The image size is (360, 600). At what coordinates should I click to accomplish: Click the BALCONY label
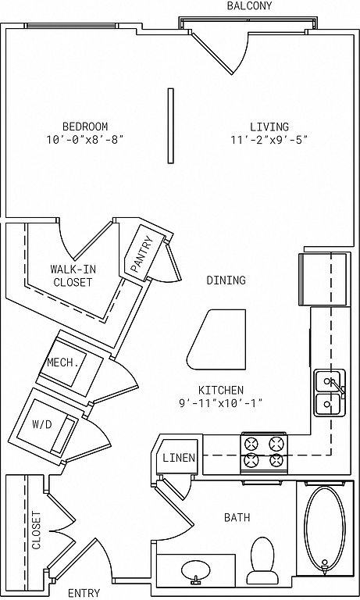tap(249, 5)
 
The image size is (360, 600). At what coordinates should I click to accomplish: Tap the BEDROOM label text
tap(85, 127)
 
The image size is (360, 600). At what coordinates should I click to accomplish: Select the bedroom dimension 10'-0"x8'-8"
tap(85, 140)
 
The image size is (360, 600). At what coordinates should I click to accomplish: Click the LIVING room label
tap(269, 127)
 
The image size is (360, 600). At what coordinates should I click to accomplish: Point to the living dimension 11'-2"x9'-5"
tap(269, 140)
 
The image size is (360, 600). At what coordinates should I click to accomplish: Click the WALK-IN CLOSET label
tap(73, 276)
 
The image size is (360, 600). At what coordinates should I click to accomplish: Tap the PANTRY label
tap(142, 254)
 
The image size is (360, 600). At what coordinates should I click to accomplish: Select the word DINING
tap(226, 280)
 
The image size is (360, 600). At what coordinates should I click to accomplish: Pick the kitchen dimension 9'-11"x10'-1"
tap(221, 403)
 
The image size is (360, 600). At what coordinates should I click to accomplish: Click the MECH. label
tap(63, 362)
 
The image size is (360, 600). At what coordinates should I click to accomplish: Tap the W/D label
tap(41, 425)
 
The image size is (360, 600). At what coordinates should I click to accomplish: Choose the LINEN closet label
tap(179, 458)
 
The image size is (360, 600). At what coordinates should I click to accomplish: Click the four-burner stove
tap(264, 453)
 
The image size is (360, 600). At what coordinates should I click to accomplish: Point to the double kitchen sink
tap(330, 393)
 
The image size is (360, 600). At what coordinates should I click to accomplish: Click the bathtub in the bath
tap(325, 529)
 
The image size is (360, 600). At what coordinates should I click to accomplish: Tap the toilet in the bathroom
tap(262, 559)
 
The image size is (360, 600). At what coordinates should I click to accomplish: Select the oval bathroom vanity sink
tap(196, 572)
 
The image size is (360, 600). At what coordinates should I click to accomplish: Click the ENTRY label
tap(84, 594)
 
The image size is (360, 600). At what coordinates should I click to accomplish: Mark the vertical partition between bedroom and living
tap(170, 127)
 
